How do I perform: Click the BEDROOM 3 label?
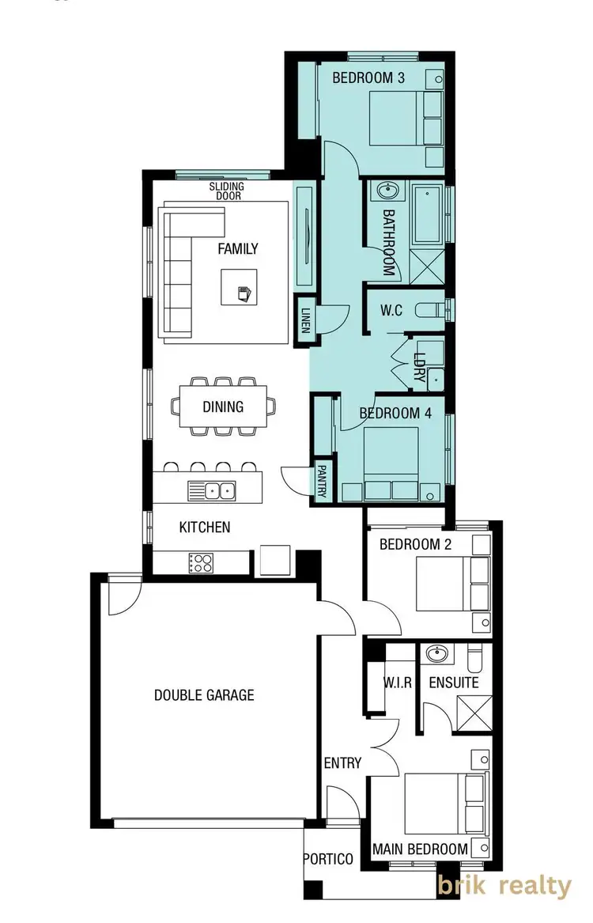point(368,78)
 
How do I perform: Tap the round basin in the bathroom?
point(387,191)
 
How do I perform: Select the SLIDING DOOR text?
point(227,191)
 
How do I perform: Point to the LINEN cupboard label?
point(304,321)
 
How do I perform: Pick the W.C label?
point(391,311)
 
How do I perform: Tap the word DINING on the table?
point(223,407)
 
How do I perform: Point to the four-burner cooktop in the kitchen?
point(201,562)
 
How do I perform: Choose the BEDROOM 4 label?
point(389,413)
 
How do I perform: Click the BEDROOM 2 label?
point(416,544)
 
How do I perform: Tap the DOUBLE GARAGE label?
point(204,695)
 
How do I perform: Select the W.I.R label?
point(397,682)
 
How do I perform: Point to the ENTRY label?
point(342,763)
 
